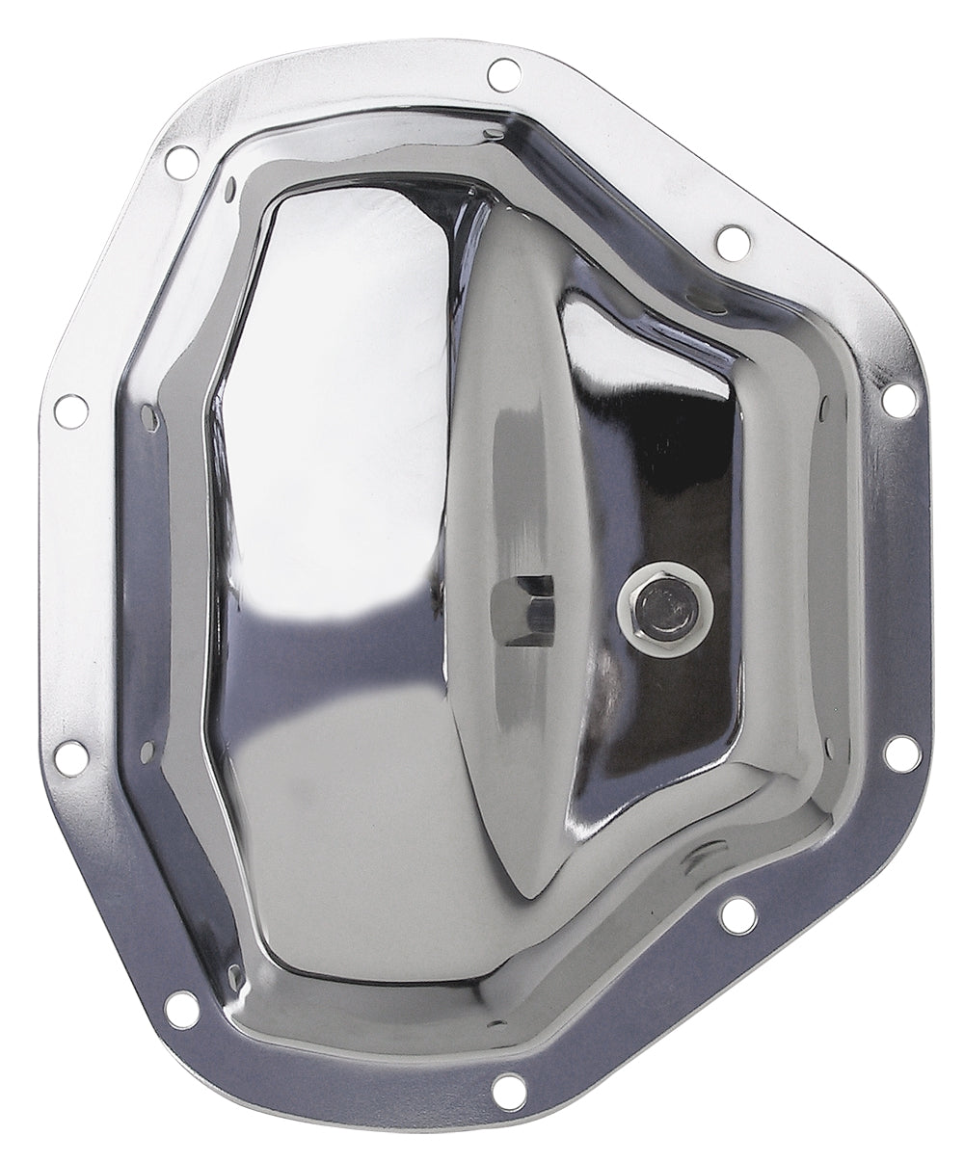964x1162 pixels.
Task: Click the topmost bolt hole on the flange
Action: tap(501, 70)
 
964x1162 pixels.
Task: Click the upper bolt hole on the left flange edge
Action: tap(69, 409)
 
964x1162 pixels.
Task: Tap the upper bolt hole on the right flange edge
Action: tap(898, 400)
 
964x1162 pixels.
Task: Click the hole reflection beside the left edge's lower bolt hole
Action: tap(147, 748)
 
